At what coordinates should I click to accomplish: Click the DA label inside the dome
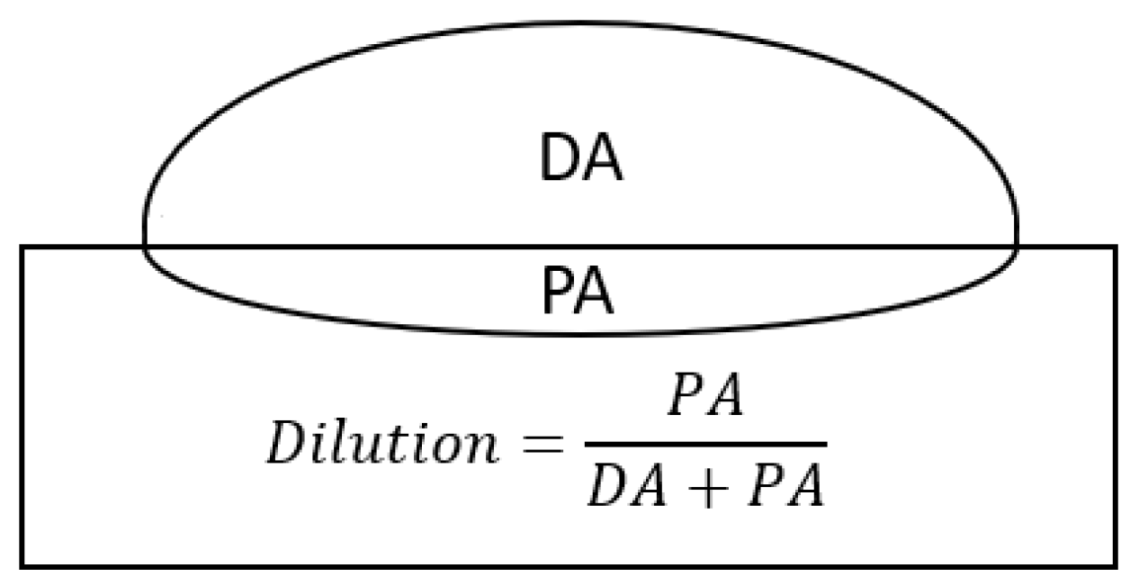point(580,159)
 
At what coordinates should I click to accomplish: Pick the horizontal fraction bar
point(705,444)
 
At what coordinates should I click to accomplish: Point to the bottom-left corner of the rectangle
point(22,565)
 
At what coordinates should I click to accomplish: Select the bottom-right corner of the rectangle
point(1116,565)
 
